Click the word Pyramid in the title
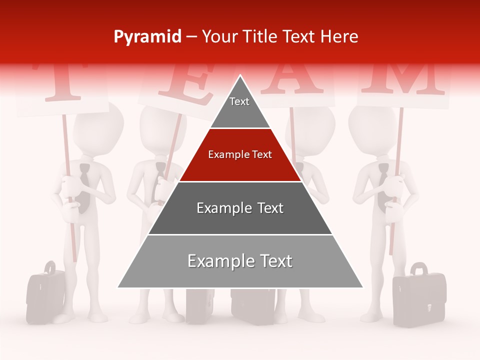(147, 37)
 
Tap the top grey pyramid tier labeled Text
(240, 104)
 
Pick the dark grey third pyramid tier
(240, 208)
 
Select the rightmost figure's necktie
(382, 185)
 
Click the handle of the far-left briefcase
(49, 266)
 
